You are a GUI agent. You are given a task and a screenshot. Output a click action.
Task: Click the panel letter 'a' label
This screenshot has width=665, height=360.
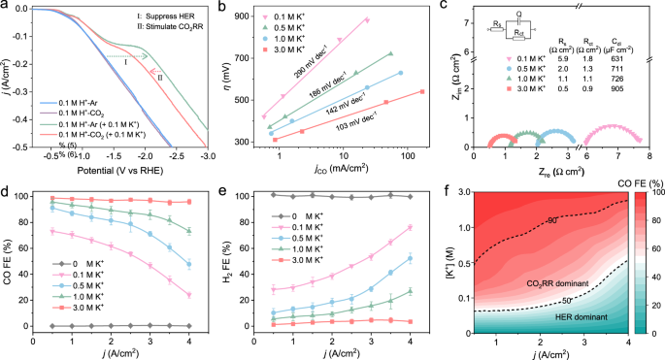pos(6,7)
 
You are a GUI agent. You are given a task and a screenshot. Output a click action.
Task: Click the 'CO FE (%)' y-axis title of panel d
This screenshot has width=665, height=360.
pos(7,262)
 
